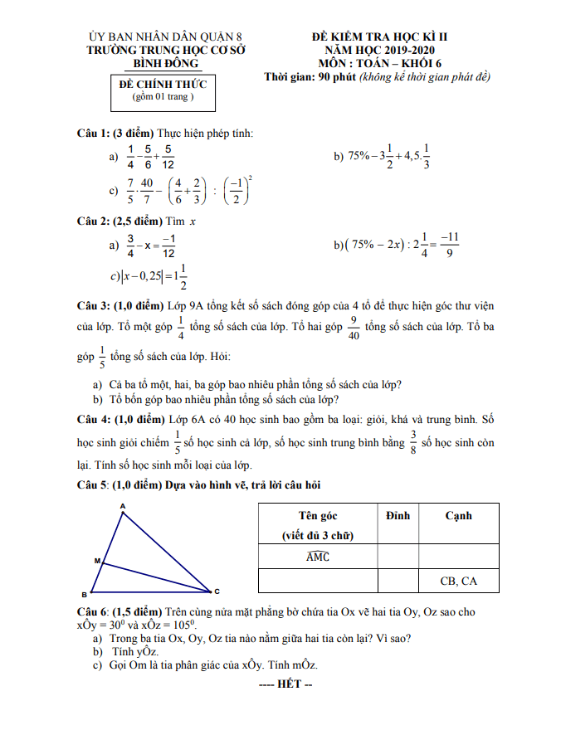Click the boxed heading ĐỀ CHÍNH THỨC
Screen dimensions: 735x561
click(163, 85)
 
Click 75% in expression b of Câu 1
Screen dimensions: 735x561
click(358, 156)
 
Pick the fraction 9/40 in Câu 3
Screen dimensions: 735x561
click(353, 328)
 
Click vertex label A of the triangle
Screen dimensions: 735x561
click(123, 505)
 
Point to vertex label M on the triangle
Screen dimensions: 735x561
click(96, 562)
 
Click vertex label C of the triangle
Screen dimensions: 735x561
click(217, 591)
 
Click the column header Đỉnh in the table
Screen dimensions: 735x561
click(398, 515)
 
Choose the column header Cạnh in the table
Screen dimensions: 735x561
click(458, 515)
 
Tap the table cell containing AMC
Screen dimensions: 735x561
click(318, 557)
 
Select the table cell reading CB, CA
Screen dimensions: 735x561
click(458, 581)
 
